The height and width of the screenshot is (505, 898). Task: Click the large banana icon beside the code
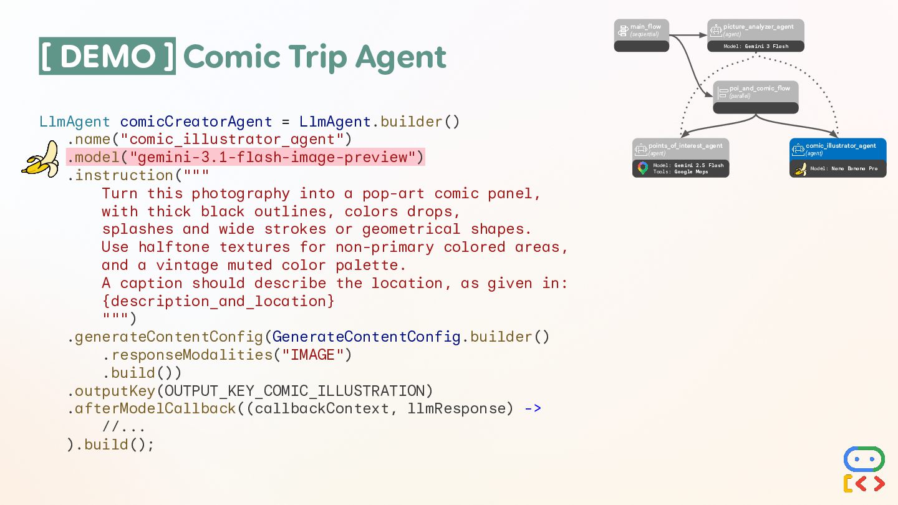41,159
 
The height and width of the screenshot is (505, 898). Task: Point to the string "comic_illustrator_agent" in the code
231,138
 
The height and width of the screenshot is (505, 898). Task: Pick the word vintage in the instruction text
187,265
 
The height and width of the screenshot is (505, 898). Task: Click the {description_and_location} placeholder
218,301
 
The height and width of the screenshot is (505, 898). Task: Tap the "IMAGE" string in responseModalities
312,355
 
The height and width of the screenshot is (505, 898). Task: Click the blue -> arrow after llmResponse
533,409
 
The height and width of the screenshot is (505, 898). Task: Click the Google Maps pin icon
643,168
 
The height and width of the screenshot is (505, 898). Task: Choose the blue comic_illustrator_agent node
838,149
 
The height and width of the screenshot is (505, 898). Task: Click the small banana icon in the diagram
800,168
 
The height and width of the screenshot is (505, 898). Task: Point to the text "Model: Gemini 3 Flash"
756,46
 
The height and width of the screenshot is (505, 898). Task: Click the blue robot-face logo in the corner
864,459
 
